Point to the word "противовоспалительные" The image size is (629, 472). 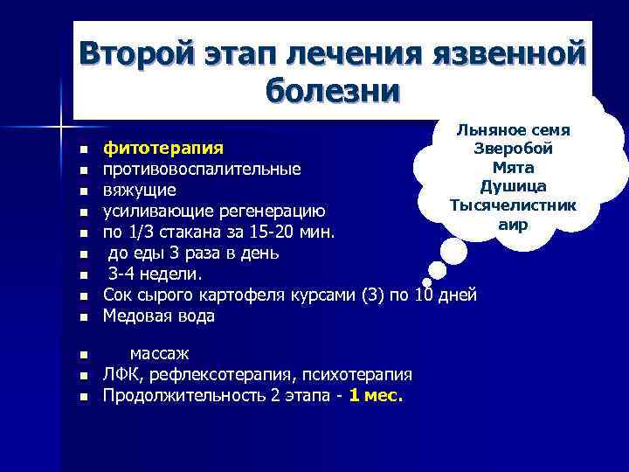(x=202, y=168)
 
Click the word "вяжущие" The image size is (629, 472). (x=140, y=190)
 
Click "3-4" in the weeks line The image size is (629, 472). (x=124, y=274)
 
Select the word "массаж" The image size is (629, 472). (x=159, y=354)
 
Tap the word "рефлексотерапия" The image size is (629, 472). (x=225, y=375)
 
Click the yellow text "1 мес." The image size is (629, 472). (x=376, y=396)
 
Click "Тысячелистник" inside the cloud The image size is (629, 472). (x=512, y=205)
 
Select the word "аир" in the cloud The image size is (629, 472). (x=512, y=224)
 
